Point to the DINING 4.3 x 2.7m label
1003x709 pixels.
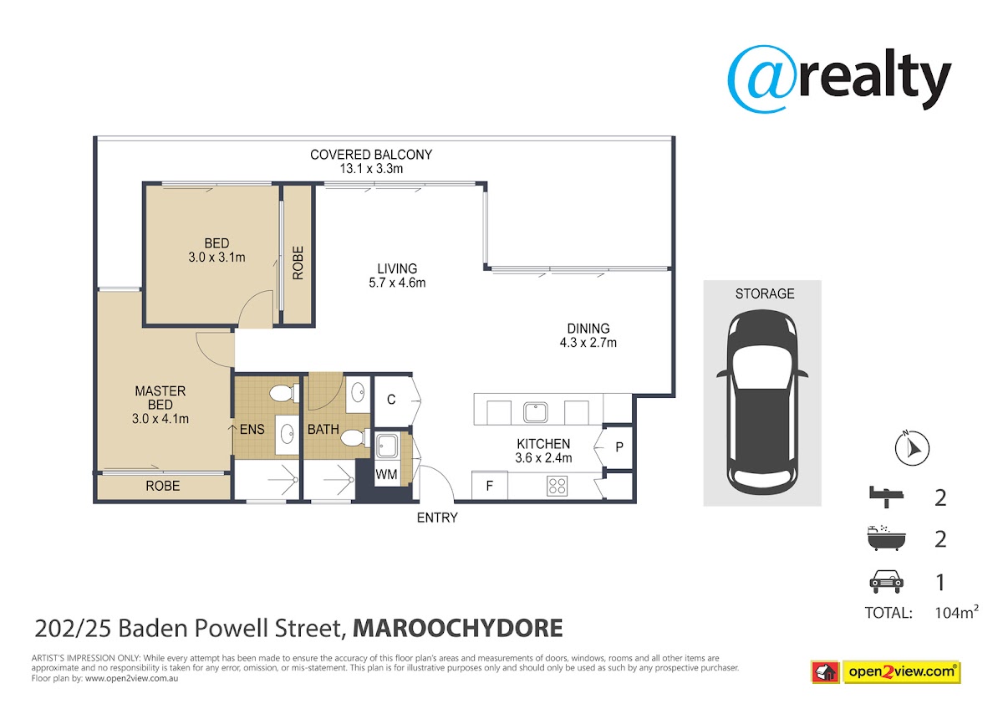tap(588, 335)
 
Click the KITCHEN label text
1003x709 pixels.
tap(543, 444)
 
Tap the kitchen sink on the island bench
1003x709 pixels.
tap(536, 412)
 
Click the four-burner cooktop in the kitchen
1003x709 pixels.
tap(557, 486)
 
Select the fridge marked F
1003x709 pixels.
tap(490, 485)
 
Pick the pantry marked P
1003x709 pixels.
tap(619, 447)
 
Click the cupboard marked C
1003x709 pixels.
tap(391, 400)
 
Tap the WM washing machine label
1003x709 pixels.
tap(386, 474)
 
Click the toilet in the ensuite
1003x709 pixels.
tap(284, 393)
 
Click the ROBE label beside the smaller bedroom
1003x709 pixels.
tap(298, 263)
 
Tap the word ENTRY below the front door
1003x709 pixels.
tap(437, 518)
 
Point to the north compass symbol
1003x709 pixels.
tap(912, 448)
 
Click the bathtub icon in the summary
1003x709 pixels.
tap(886, 538)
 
